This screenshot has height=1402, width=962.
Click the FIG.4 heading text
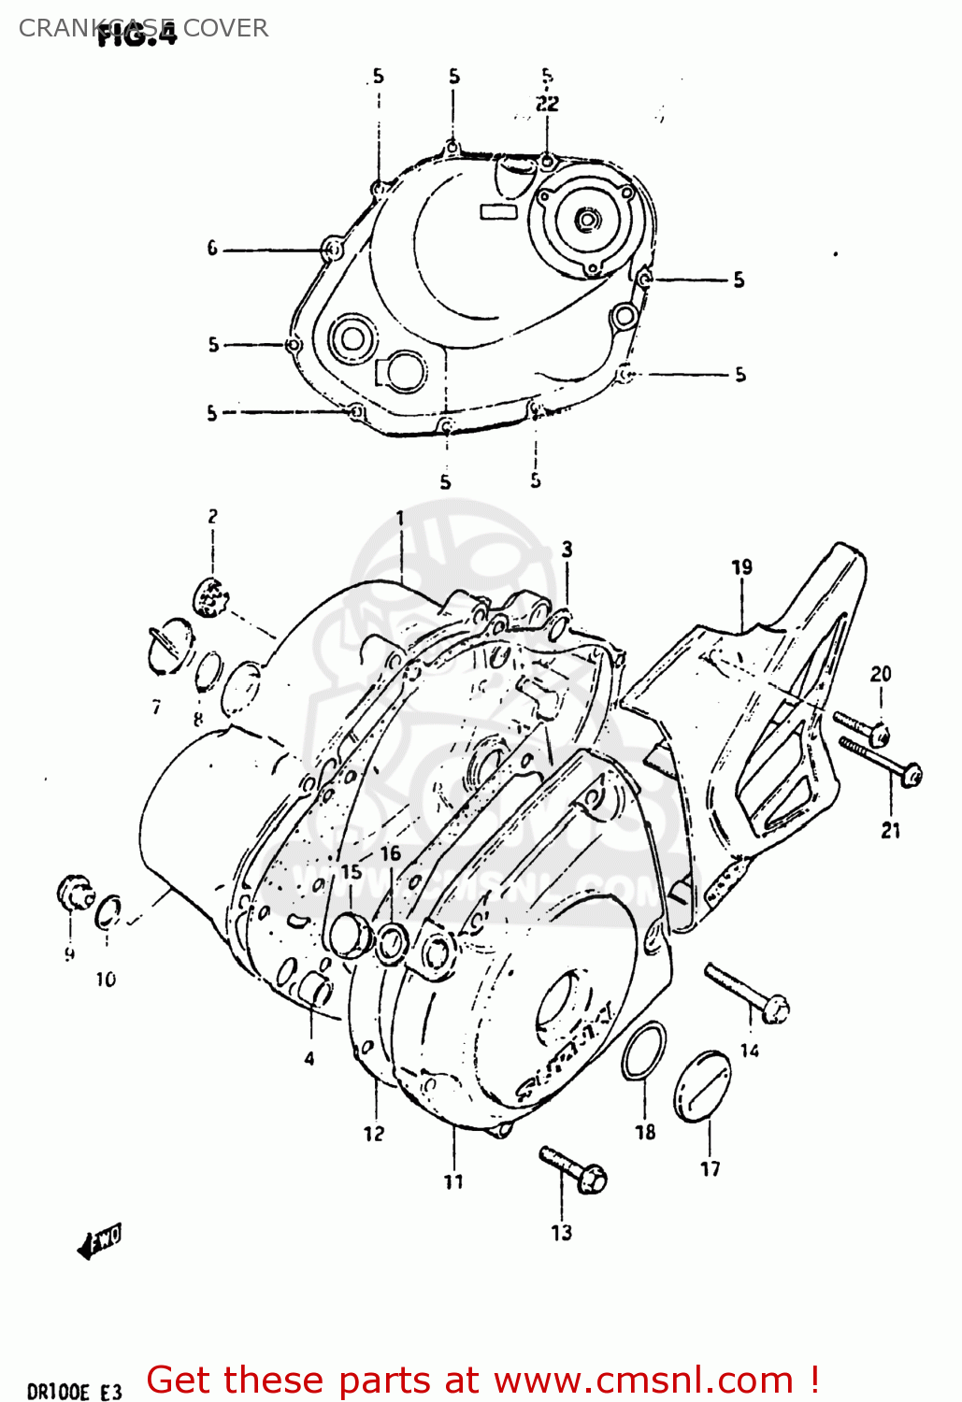pyautogui.click(x=136, y=36)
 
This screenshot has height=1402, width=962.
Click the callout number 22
pyautogui.click(x=547, y=104)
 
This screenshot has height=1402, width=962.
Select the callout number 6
pyautogui.click(x=212, y=249)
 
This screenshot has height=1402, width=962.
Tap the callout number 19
pyautogui.click(x=741, y=567)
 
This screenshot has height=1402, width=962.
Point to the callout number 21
pyautogui.click(x=891, y=830)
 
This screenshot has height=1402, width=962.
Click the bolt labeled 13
pyautogui.click(x=572, y=1168)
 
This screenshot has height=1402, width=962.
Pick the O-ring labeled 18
pyautogui.click(x=644, y=1050)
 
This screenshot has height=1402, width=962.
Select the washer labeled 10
pyautogui.click(x=108, y=911)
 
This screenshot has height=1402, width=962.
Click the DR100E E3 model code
pyautogui.click(x=74, y=1392)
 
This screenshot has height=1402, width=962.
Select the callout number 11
pyautogui.click(x=453, y=1182)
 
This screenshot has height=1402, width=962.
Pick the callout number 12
pyautogui.click(x=374, y=1134)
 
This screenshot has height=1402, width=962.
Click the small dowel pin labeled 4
pyautogui.click(x=315, y=990)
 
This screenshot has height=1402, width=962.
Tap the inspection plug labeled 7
pyautogui.click(x=170, y=644)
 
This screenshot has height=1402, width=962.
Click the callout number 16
pyautogui.click(x=390, y=853)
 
